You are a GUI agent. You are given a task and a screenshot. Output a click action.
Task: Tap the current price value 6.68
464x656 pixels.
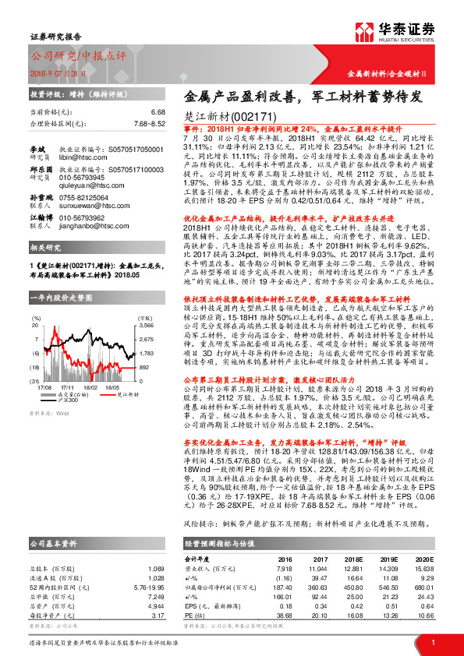158,112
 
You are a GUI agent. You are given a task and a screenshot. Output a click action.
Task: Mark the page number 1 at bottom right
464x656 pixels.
432,641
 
